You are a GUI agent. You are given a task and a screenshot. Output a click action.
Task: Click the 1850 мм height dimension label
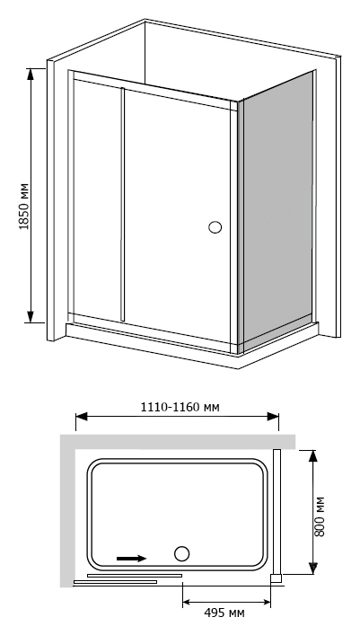[x=24, y=207]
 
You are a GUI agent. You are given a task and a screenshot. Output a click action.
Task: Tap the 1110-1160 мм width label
[x=180, y=407]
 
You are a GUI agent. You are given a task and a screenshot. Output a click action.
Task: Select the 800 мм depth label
[x=320, y=516]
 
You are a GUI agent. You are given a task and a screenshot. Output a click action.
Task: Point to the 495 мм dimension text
[x=224, y=613]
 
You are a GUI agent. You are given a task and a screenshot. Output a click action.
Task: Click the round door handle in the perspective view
[x=215, y=227]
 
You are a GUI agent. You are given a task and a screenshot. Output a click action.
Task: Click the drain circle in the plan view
[x=182, y=553]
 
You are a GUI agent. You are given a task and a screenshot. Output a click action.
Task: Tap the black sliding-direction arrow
[x=131, y=559]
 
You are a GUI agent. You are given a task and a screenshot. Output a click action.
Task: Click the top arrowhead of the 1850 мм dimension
[x=31, y=75]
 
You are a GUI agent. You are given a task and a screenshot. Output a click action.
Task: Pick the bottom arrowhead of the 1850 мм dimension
[x=31, y=317]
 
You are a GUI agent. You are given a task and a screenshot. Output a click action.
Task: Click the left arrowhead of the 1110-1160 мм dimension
[x=82, y=417]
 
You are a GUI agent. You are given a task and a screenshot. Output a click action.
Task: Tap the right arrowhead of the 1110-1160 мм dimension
[x=273, y=417]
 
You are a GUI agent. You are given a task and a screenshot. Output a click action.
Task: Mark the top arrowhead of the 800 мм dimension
[x=312, y=456]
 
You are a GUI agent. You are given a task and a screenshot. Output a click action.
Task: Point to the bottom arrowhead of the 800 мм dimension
[x=312, y=568]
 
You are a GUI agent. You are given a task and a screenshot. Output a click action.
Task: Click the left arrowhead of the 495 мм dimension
[x=189, y=603]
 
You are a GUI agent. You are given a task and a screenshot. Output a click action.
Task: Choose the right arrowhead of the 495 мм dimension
[x=265, y=603]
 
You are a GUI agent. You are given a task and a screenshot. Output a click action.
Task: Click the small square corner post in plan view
[x=276, y=578]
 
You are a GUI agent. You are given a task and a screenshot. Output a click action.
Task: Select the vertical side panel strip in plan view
[x=277, y=511]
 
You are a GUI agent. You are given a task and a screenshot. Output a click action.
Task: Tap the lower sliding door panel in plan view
[x=115, y=582]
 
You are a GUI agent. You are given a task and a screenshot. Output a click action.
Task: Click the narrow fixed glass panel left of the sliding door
[x=97, y=198]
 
